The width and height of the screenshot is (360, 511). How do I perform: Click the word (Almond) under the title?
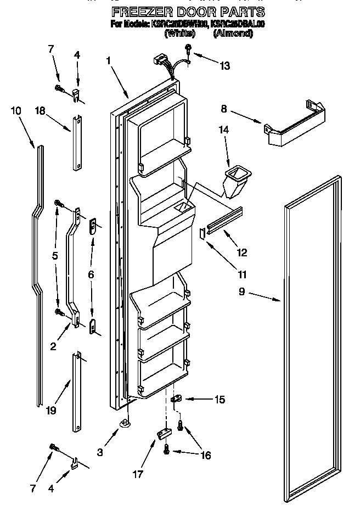pyautogui.click(x=233, y=33)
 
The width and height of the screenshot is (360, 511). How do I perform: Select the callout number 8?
pyautogui.click(x=224, y=109)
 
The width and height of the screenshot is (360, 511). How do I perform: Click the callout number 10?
pyautogui.click(x=16, y=110)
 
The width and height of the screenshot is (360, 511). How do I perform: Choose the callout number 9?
pyautogui.click(x=241, y=292)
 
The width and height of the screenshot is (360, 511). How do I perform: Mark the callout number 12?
pyautogui.click(x=242, y=252)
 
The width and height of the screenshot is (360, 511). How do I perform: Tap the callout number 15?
pyautogui.click(x=220, y=400)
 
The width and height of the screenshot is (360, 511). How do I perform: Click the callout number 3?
pyautogui.click(x=100, y=453)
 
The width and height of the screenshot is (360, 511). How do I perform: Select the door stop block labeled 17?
pyautogui.click(x=163, y=435)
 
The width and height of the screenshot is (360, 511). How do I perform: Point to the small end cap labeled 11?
pyautogui.click(x=203, y=234)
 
